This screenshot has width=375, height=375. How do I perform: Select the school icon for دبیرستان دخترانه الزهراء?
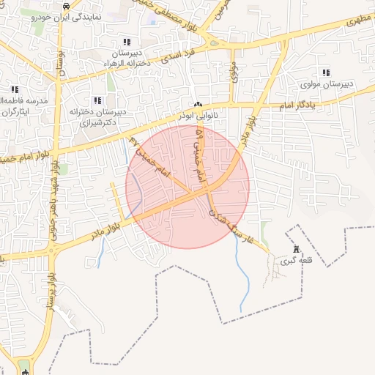point(127,42)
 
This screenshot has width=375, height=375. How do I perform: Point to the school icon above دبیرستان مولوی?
point(326,73)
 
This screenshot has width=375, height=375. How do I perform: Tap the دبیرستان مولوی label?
point(327,84)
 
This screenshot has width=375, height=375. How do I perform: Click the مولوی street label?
point(234,72)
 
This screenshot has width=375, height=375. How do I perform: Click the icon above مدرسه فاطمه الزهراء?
point(12,89)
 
